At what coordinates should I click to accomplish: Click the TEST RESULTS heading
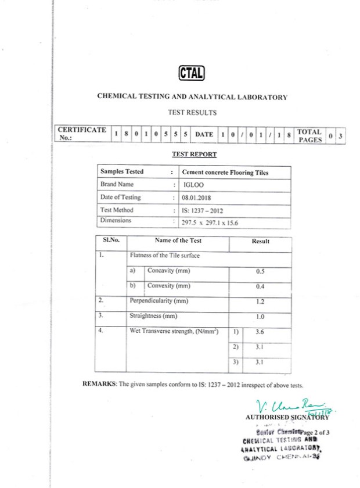192,112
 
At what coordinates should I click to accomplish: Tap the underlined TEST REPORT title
194,155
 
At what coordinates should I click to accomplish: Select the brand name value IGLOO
192,184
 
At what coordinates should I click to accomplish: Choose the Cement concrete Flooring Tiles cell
225,172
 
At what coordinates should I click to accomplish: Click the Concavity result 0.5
260,271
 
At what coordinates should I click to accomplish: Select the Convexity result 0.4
260,286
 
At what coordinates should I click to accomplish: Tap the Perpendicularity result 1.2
260,302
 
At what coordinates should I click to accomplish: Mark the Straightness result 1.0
260,317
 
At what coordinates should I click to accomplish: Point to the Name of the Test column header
178,241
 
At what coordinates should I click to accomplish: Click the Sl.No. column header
111,240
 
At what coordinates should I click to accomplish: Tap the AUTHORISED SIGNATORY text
287,417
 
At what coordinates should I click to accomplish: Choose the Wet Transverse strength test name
174,331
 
